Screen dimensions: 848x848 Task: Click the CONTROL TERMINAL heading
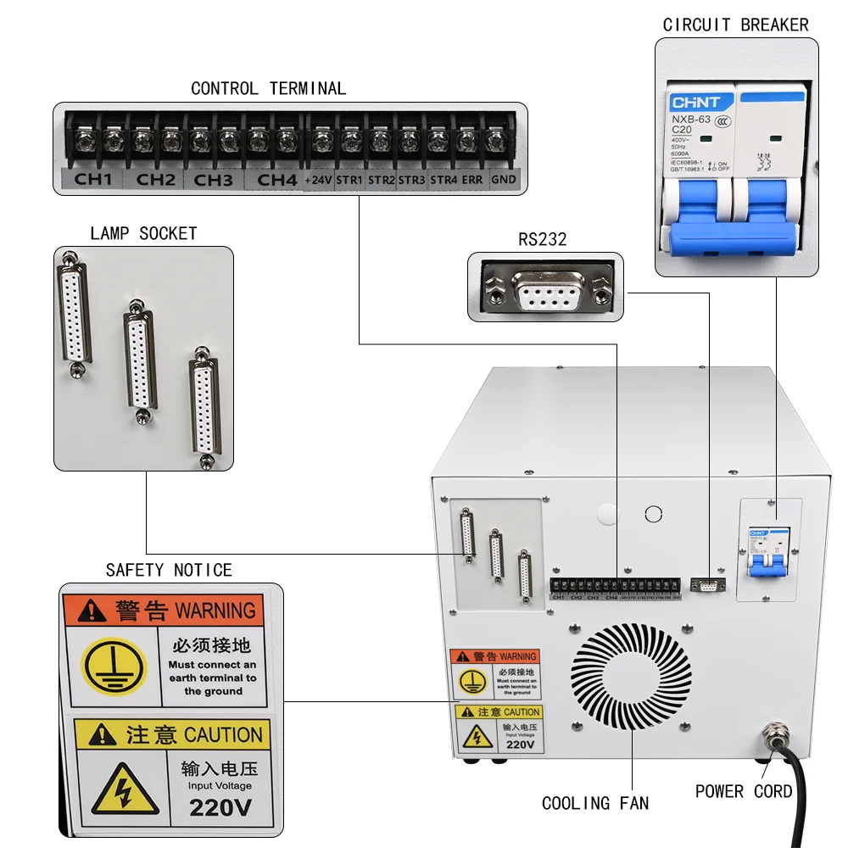pyautogui.click(x=268, y=88)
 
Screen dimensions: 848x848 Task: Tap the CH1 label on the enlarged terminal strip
pyautogui.click(x=92, y=180)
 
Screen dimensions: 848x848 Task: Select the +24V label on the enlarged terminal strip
pyautogui.click(x=318, y=180)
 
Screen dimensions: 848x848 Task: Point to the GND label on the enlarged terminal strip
pyautogui.click(x=504, y=180)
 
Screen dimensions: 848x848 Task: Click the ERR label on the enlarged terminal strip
pyautogui.click(x=473, y=180)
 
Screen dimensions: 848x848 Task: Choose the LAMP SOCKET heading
pyautogui.click(x=143, y=233)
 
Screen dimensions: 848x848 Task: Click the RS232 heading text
pyautogui.click(x=542, y=240)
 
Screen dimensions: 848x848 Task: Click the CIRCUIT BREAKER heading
pyautogui.click(x=735, y=25)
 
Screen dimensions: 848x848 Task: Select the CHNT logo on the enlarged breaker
pyautogui.click(x=690, y=103)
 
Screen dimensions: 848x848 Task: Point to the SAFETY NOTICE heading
pyautogui.click(x=169, y=570)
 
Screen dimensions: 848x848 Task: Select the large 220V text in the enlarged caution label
pyautogui.click(x=220, y=806)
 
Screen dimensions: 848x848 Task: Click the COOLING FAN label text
pyautogui.click(x=595, y=803)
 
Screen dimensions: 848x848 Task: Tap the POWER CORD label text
pyautogui.click(x=744, y=791)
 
